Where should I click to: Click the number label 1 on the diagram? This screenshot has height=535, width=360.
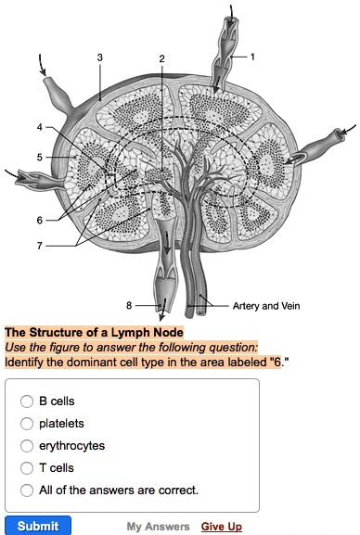click(x=251, y=56)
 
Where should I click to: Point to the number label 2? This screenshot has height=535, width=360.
click(x=161, y=58)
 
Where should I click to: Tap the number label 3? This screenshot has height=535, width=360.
click(x=99, y=58)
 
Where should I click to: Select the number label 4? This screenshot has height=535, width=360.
click(x=40, y=126)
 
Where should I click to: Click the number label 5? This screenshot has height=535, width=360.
click(x=40, y=157)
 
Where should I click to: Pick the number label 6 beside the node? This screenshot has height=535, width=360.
click(x=40, y=220)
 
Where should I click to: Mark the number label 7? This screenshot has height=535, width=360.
click(x=40, y=246)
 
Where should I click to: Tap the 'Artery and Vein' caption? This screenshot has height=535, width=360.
click(x=266, y=306)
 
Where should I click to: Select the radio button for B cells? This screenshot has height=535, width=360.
click(x=27, y=401)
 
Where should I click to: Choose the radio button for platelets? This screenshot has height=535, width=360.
click(x=27, y=424)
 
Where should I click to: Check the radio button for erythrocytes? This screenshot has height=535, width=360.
click(x=27, y=446)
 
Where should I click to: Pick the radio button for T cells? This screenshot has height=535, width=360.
click(x=27, y=468)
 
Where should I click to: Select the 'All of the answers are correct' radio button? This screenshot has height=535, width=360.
click(x=27, y=490)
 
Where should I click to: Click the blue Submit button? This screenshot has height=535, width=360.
click(x=38, y=526)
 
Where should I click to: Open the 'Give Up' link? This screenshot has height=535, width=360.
click(x=222, y=527)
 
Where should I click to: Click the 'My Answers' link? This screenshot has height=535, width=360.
click(x=158, y=527)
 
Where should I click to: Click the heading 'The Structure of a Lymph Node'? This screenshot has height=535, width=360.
click(x=95, y=333)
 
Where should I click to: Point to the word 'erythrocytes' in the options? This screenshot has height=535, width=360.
click(x=71, y=446)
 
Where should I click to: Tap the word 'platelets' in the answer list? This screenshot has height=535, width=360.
click(x=62, y=424)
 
